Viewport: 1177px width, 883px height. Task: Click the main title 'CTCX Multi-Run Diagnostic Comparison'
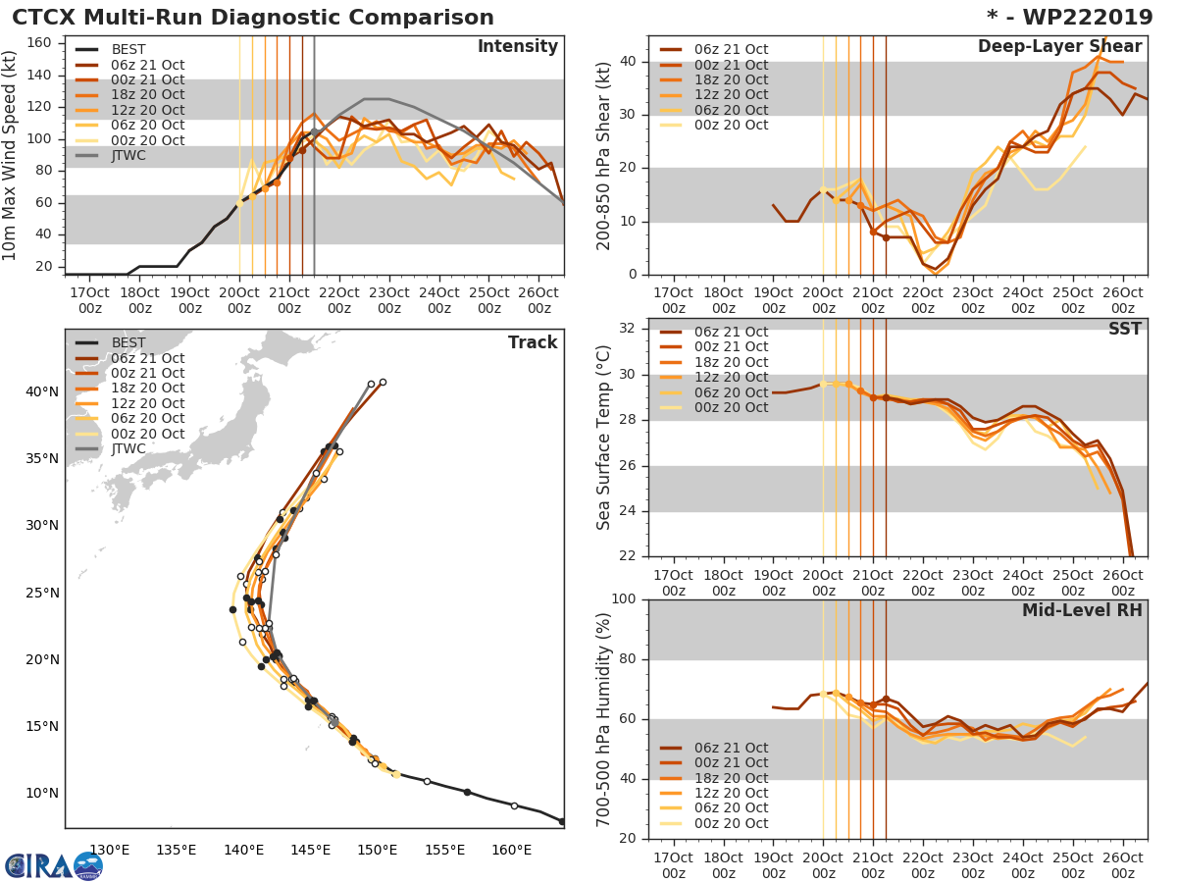coord(253,18)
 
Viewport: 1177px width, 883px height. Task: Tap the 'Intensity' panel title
coord(517,47)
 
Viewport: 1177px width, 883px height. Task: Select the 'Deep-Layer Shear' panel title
coord(1059,47)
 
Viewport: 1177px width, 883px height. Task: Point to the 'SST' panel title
coord(1123,329)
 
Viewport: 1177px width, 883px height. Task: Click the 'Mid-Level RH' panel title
coord(1082,610)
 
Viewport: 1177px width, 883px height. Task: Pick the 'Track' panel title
coord(533,342)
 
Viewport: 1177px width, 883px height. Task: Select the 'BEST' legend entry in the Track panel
coord(128,342)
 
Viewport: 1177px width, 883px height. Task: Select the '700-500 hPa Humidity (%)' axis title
coord(604,719)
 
